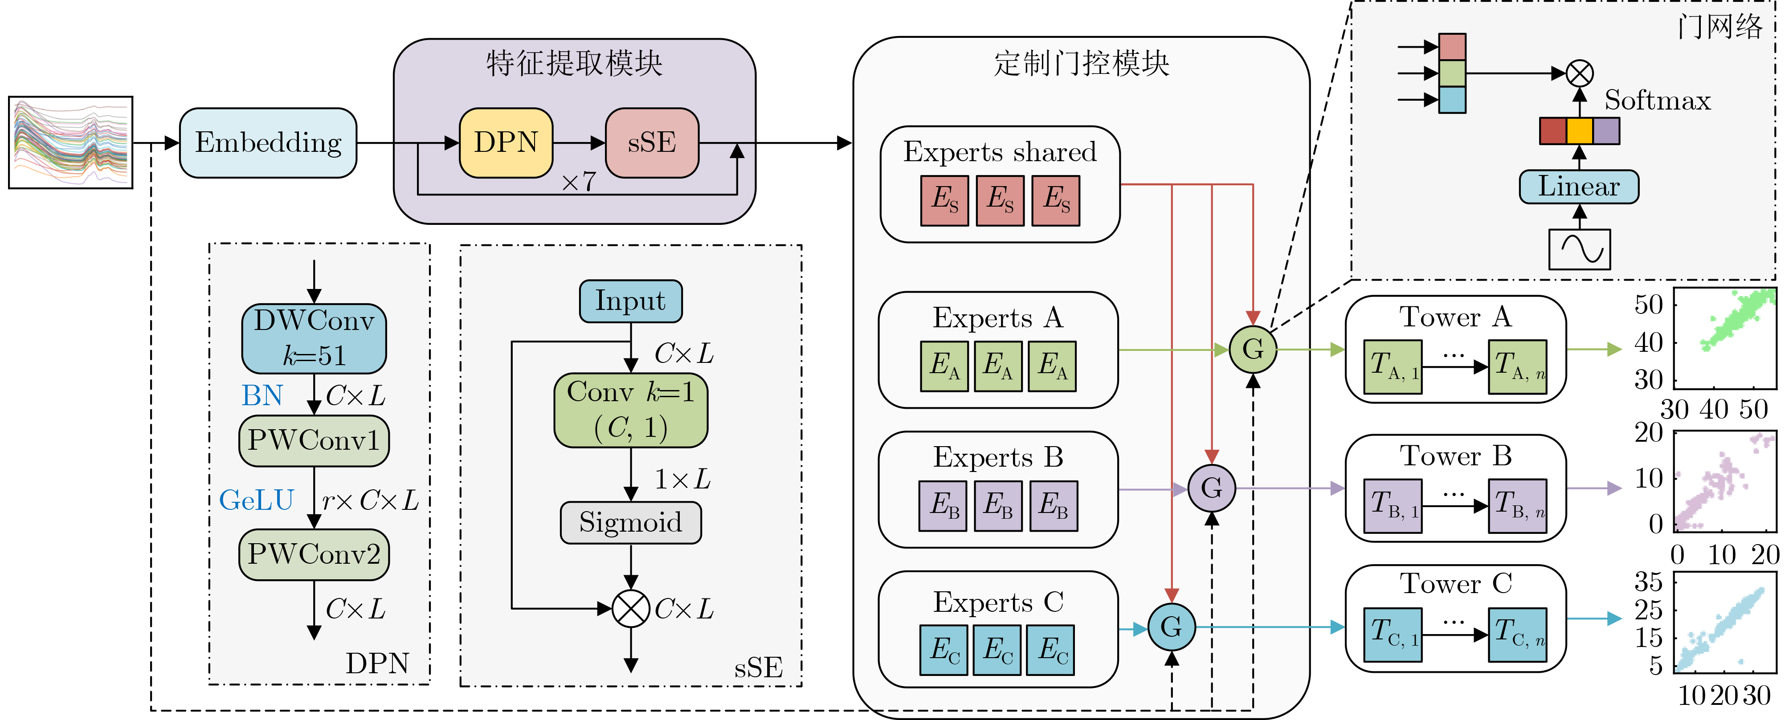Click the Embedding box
click(268, 143)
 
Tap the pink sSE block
click(651, 143)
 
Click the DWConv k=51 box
click(314, 338)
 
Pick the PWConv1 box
click(314, 441)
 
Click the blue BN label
click(262, 396)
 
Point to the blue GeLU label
click(256, 500)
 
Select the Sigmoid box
click(631, 522)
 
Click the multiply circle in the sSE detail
click(631, 609)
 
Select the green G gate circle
click(1253, 349)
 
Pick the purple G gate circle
click(1211, 488)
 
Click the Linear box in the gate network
click(1579, 187)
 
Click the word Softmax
click(1657, 101)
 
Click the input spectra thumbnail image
click(71, 142)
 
